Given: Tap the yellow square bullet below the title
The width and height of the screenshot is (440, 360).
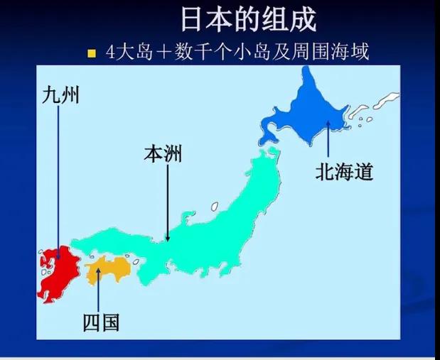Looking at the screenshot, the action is (92, 53).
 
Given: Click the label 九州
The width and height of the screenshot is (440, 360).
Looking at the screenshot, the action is (60, 94).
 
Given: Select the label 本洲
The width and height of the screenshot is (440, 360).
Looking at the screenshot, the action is (163, 153).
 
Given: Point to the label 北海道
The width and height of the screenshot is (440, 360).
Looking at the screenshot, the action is (345, 172).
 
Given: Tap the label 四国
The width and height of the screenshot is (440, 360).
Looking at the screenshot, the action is (101, 322).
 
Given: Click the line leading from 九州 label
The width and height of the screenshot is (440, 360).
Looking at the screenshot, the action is (59, 178).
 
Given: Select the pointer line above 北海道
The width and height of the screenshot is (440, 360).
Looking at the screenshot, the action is (328, 138).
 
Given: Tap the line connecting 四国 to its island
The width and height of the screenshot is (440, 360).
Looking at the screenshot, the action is (98, 291).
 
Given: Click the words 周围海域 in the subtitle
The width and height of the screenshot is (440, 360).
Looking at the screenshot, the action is (340, 53).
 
